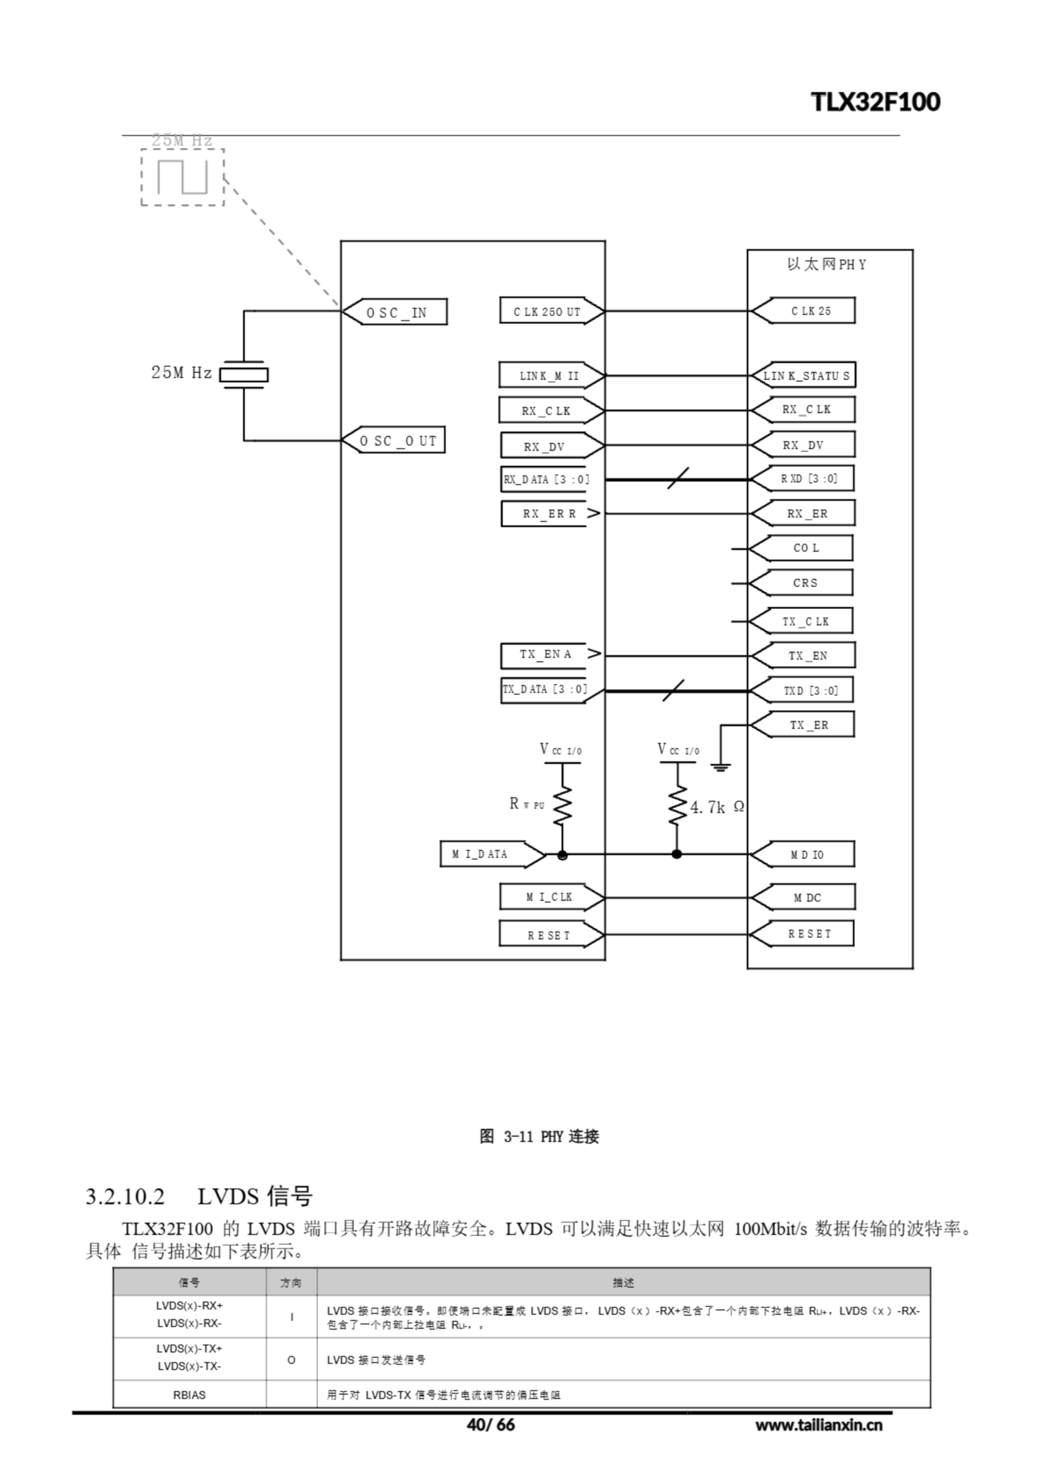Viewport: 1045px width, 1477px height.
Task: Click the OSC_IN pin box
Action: click(x=395, y=312)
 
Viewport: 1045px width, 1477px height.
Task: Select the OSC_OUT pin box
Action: click(x=394, y=441)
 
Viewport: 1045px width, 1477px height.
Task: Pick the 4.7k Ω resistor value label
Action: click(x=717, y=807)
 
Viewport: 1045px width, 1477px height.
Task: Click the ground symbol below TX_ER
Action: click(x=721, y=766)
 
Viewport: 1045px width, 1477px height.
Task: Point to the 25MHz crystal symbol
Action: click(x=244, y=374)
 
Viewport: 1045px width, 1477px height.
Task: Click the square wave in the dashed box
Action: click(x=183, y=177)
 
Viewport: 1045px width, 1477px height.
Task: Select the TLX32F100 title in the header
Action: click(x=875, y=102)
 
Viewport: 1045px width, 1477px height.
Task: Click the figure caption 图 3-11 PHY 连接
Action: click(x=539, y=1136)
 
